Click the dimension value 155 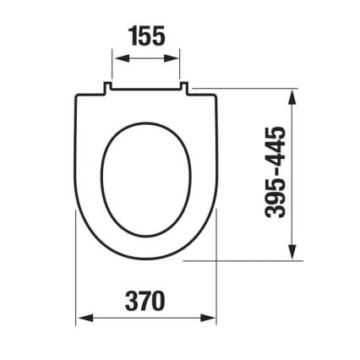[146, 35]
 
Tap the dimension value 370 [145, 300]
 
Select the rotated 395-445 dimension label [276, 172]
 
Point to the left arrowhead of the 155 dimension [117, 58]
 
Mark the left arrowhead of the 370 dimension [81, 319]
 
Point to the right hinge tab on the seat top [183, 85]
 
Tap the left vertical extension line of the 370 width [76, 279]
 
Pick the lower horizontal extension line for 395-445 [245, 261]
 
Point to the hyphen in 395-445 [276, 172]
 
